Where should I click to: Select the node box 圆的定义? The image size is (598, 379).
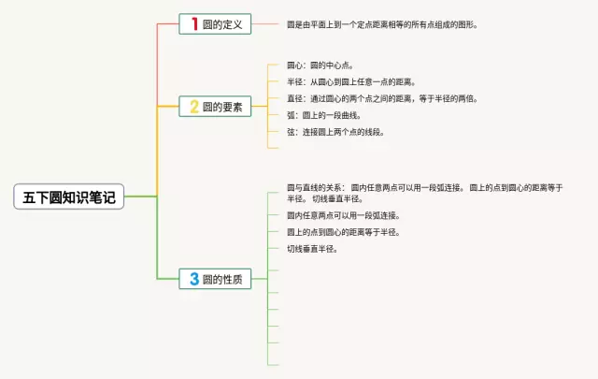tap(215, 24)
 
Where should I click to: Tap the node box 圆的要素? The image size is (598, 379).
tap(215, 107)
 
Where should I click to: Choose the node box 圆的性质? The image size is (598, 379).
tap(215, 278)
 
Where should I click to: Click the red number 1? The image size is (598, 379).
tap(193, 24)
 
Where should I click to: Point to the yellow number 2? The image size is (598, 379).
tap(193, 107)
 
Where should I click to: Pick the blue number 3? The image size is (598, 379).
tap(193, 278)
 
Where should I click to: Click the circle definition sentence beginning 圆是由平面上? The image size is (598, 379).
tap(382, 25)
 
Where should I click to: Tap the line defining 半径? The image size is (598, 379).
tap(350, 82)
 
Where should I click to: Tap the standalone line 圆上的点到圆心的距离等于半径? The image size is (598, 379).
tap(343, 232)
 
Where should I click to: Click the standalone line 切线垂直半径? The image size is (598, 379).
tap(311, 249)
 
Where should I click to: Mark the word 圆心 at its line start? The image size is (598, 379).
tap(294, 66)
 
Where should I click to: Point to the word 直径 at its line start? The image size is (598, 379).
tap(294, 98)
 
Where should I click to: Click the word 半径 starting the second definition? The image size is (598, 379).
tap(294, 82)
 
